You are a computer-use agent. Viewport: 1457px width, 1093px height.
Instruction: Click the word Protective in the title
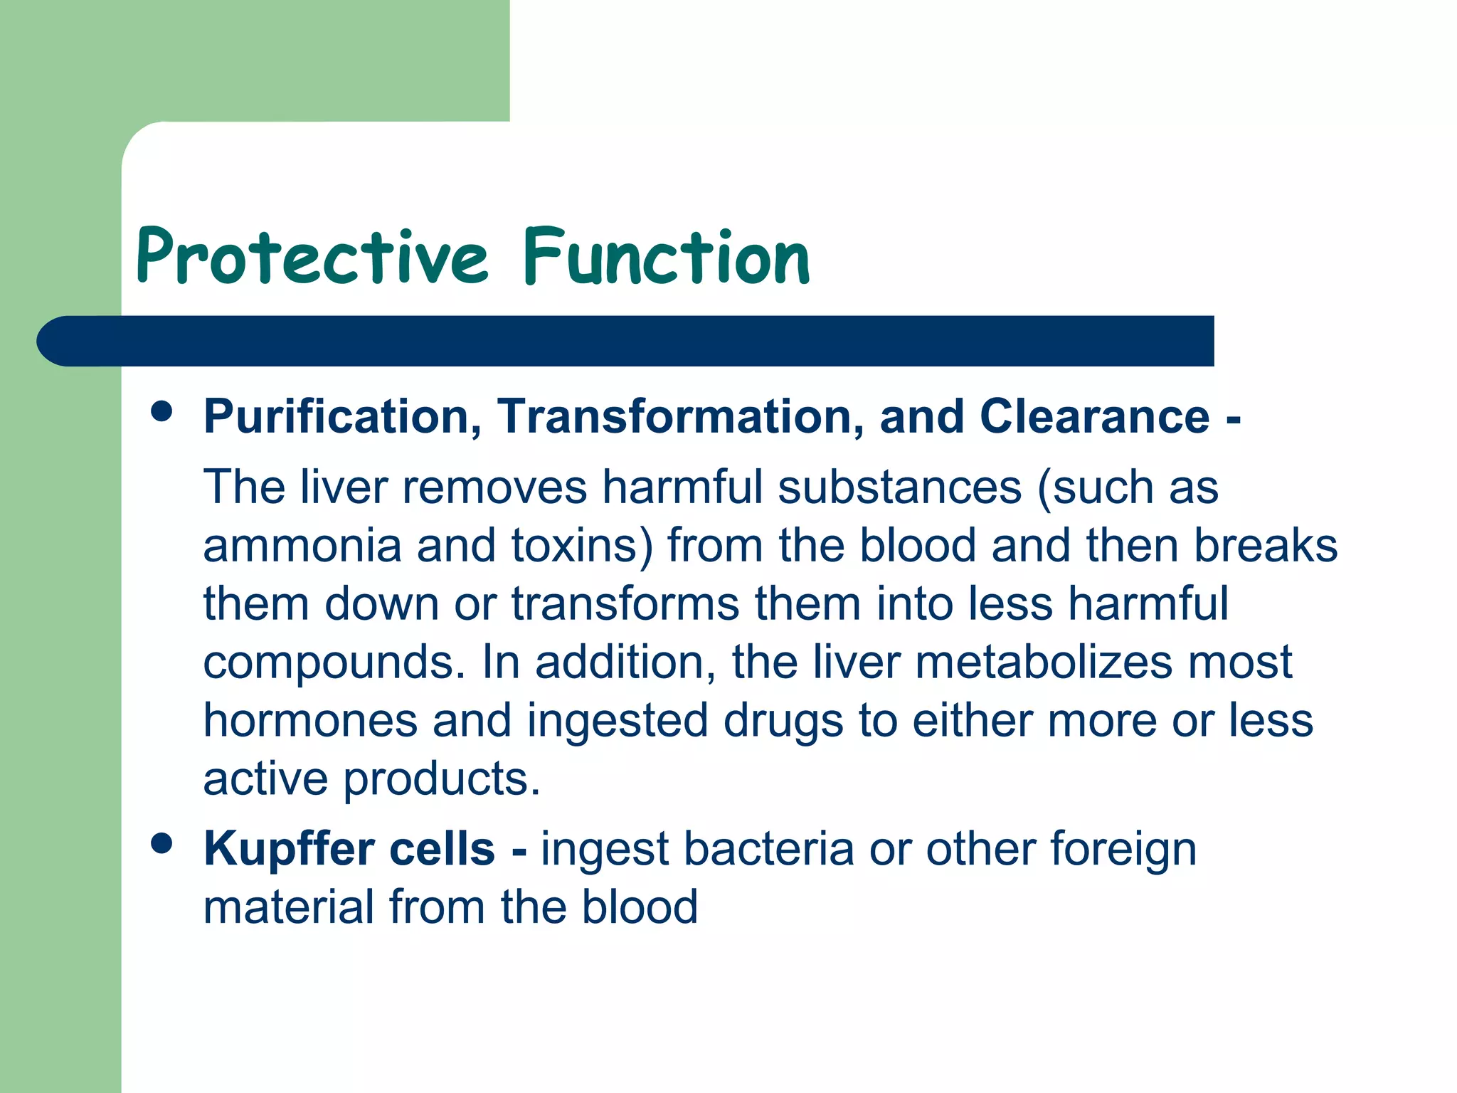(x=311, y=256)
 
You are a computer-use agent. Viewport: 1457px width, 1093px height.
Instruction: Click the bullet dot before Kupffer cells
(x=162, y=844)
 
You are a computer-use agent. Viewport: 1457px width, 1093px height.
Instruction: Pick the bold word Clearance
(x=1094, y=416)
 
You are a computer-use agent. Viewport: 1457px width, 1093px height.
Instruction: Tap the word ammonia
(x=302, y=546)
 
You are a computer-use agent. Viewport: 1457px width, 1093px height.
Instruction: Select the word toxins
(x=581, y=546)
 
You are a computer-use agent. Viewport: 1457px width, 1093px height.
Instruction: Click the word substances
(x=899, y=488)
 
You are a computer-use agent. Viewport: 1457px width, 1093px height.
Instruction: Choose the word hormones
(x=310, y=722)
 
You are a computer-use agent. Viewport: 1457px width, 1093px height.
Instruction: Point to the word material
(x=288, y=908)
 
